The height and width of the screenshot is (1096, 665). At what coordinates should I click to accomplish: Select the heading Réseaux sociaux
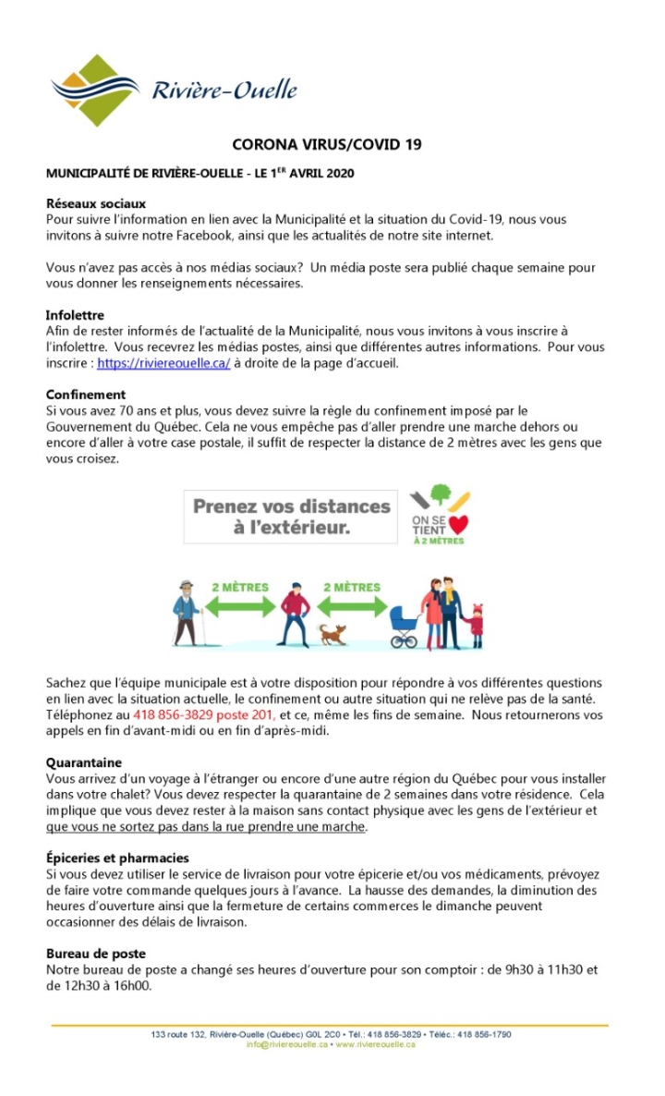click(96, 204)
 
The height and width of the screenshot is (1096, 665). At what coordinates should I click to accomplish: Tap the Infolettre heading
click(75, 315)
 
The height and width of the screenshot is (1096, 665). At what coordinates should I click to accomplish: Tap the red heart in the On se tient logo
click(459, 526)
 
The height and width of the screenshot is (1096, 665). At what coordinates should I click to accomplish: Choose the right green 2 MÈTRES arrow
click(351, 605)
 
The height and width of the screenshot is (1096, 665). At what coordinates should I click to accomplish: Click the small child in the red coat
click(476, 626)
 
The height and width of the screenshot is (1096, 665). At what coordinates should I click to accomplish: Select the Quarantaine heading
click(84, 763)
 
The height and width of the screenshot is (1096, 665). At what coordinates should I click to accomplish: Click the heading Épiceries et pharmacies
click(117, 859)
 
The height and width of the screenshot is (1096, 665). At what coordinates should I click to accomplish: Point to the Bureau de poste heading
click(96, 953)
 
